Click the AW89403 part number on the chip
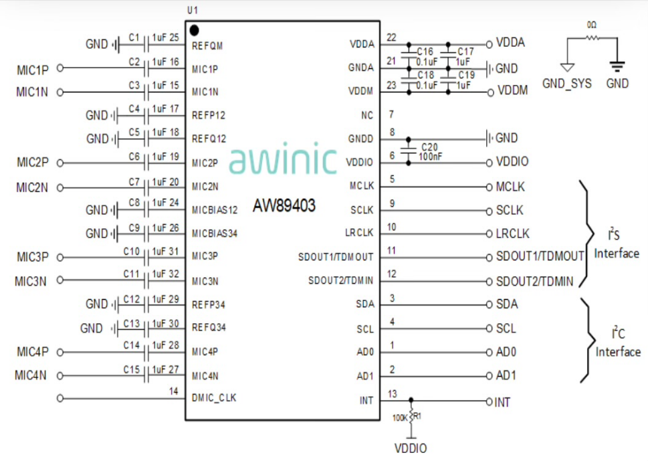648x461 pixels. pyautogui.click(x=284, y=205)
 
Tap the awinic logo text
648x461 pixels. pyautogui.click(x=283, y=161)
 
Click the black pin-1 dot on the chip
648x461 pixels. pyautogui.click(x=195, y=30)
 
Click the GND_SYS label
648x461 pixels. pyautogui.click(x=566, y=84)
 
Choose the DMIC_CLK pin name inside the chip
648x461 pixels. pyautogui.click(x=214, y=398)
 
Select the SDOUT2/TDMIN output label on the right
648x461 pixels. pyautogui.click(x=535, y=282)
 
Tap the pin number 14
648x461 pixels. pyautogui.click(x=174, y=391)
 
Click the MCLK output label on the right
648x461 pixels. pyautogui.click(x=510, y=187)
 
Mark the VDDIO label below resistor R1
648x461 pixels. pyautogui.click(x=411, y=448)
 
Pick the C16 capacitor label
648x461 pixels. pyautogui.click(x=425, y=51)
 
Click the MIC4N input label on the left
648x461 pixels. pyautogui.click(x=32, y=375)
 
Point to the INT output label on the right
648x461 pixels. pyautogui.click(x=503, y=402)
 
